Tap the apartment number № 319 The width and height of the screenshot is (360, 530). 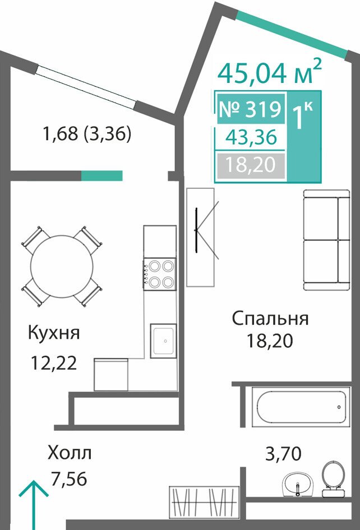click(251, 109)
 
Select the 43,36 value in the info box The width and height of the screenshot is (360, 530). click(251, 138)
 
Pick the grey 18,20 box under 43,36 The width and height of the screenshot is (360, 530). click(251, 165)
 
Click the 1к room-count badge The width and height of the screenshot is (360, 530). click(303, 115)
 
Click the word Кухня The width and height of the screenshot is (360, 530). click(54, 333)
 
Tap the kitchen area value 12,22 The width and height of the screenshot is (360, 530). click(54, 364)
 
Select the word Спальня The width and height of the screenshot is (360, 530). click(270, 319)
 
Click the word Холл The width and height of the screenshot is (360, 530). click(70, 453)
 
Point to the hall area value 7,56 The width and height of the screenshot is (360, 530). click(69, 478)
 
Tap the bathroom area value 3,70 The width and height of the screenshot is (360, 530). click(283, 454)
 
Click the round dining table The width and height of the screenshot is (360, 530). click(62, 266)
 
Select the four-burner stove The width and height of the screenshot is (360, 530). click(159, 274)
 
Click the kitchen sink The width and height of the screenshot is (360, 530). click(163, 341)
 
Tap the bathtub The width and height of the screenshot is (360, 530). click(301, 407)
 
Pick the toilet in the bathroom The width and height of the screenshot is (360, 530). click(333, 479)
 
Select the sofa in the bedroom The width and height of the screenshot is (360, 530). click(326, 240)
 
